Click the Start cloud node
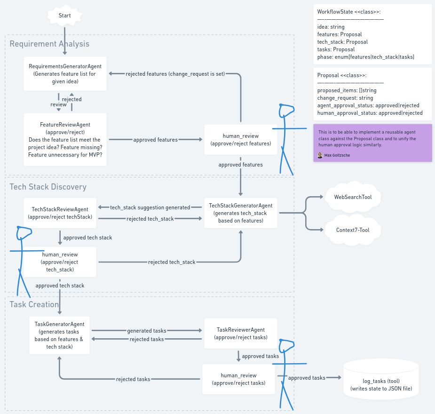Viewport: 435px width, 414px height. pyautogui.click(x=65, y=16)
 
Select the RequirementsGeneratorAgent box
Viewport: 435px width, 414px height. pyautogui.click(x=65, y=74)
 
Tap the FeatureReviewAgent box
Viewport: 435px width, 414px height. pyautogui.click(x=65, y=140)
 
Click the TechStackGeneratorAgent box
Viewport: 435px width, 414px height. pyautogui.click(x=241, y=213)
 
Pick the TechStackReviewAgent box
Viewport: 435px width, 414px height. pyautogui.click(x=60, y=213)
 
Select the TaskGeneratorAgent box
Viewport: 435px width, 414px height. pyautogui.click(x=59, y=335)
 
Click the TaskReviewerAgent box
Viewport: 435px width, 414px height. pyautogui.click(x=240, y=334)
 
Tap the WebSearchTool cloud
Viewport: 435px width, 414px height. pyautogui.click(x=353, y=197)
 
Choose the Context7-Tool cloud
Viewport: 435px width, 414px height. pyautogui.click(x=353, y=230)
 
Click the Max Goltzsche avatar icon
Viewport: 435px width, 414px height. pyautogui.click(x=320, y=155)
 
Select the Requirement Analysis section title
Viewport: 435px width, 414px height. pyautogui.click(x=49, y=44)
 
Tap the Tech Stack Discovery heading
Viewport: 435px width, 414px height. pyautogui.click(x=48, y=187)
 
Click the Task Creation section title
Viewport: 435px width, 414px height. pyautogui.click(x=34, y=304)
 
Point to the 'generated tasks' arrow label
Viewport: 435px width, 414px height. pyautogui.click(x=146, y=331)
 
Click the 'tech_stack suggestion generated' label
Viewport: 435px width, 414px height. pyautogui.click(x=150, y=207)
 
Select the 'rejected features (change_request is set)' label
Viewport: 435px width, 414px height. pyautogui.click(x=175, y=74)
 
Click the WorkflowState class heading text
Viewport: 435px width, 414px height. pyautogui.click(x=348, y=11)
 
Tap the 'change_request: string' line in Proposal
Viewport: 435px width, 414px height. pyautogui.click(x=345, y=98)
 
